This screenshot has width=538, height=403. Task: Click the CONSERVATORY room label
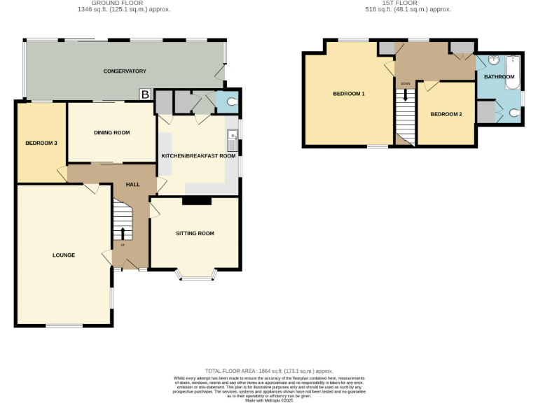(124, 71)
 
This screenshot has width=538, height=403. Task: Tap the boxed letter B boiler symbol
(145, 94)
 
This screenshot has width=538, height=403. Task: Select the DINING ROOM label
(112, 132)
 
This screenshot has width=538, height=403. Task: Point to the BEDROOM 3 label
(41, 143)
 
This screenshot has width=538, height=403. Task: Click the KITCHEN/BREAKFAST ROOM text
(198, 155)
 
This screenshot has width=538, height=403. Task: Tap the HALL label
(132, 184)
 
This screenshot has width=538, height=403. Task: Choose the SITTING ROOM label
(195, 233)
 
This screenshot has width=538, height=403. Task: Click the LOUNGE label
(63, 255)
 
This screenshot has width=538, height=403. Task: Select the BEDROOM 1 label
(348, 94)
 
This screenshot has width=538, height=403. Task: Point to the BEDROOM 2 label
(446, 114)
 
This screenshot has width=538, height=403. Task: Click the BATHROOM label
(499, 77)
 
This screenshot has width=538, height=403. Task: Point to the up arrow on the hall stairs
(123, 233)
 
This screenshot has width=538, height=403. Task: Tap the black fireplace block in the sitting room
(196, 201)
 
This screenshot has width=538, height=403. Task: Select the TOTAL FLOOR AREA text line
(268, 371)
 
